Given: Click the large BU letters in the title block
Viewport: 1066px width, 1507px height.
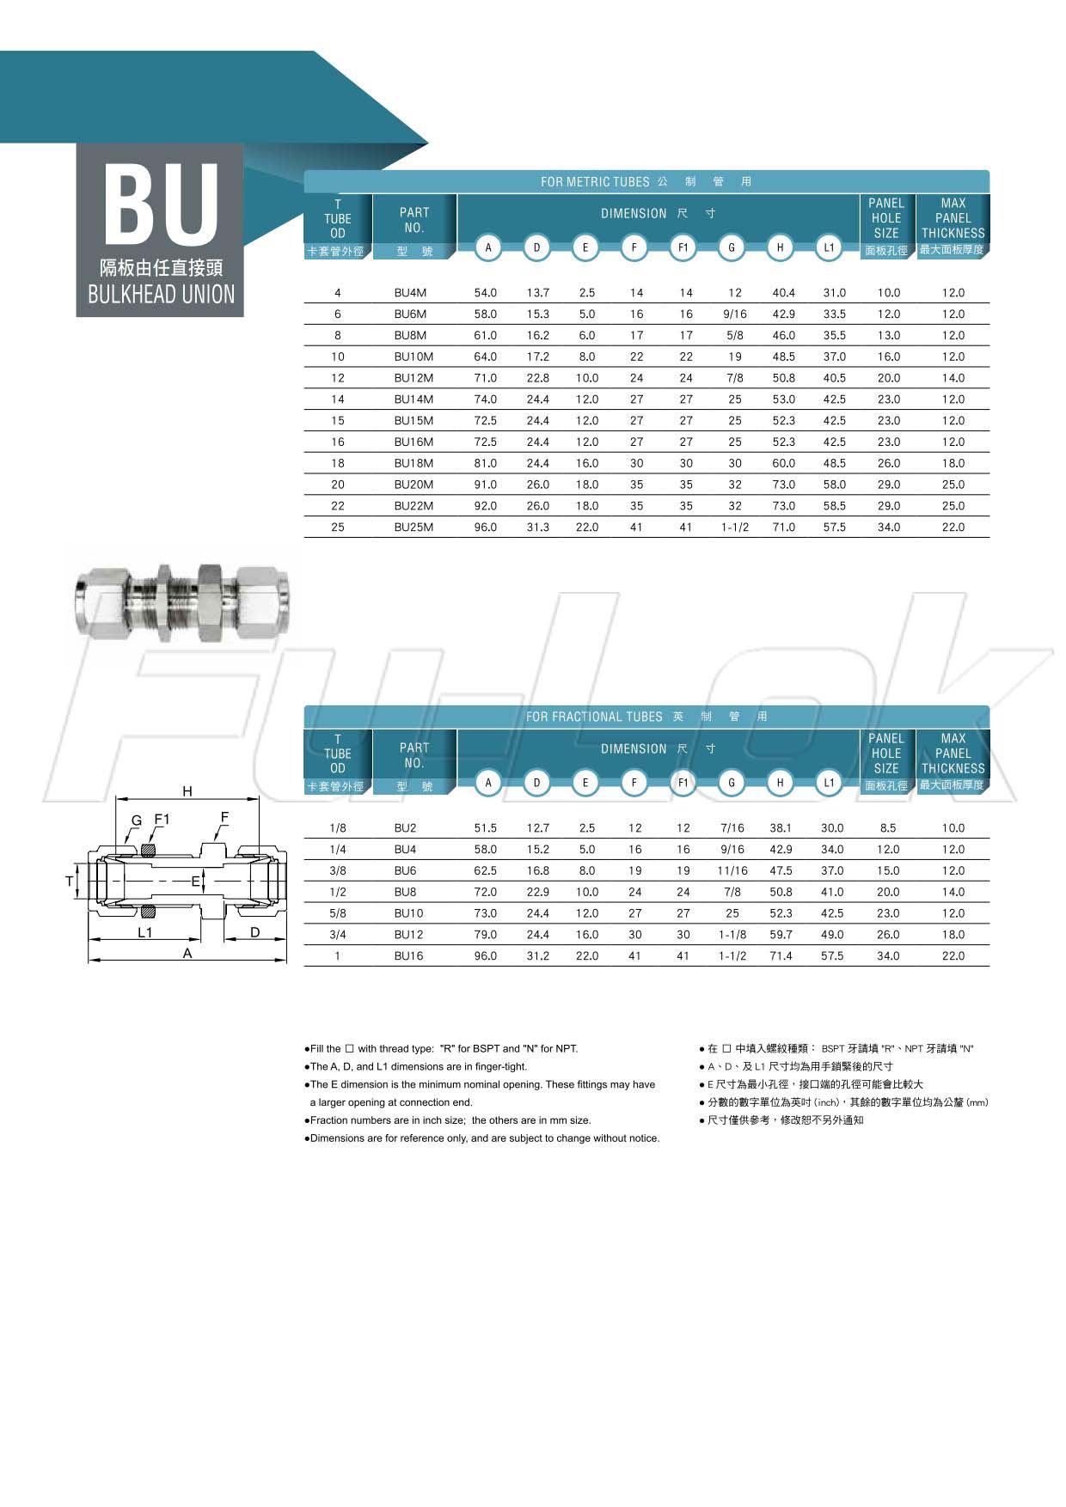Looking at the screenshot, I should pyautogui.click(x=161, y=204).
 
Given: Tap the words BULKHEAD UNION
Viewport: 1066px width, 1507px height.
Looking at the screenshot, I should pyautogui.click(x=161, y=295).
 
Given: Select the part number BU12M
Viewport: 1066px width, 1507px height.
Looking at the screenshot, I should pyautogui.click(x=414, y=378).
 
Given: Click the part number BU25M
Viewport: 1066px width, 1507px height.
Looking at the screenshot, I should pyautogui.click(x=414, y=528).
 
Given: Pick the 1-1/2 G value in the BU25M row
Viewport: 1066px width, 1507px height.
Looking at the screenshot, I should pyautogui.click(x=734, y=528).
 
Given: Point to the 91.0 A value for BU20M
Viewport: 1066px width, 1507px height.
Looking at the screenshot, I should pyautogui.click(x=486, y=485).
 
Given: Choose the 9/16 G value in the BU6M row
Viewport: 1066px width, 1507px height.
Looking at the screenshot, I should pyautogui.click(x=734, y=314).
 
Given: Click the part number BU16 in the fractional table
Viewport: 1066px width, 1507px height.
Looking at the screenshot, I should pyautogui.click(x=408, y=956).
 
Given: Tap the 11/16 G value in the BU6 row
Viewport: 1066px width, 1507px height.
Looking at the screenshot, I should pyautogui.click(x=732, y=871).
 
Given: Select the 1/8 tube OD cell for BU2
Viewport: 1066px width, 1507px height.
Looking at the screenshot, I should pyautogui.click(x=338, y=828).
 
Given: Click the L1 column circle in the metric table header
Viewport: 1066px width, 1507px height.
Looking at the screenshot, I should pyautogui.click(x=829, y=248).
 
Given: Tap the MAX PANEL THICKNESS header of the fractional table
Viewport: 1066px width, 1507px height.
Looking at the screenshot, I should pyautogui.click(x=953, y=753).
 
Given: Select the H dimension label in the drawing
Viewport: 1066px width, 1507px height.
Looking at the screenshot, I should pyautogui.click(x=187, y=791).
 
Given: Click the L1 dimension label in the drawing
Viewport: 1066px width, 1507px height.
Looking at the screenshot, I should pyautogui.click(x=145, y=932).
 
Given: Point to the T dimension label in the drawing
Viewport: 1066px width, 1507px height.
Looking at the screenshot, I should pyautogui.click(x=70, y=882).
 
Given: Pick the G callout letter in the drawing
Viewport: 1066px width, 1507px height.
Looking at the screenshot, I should pyautogui.click(x=136, y=821).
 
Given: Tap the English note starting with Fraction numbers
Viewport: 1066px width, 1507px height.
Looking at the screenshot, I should pyautogui.click(x=450, y=1120).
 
